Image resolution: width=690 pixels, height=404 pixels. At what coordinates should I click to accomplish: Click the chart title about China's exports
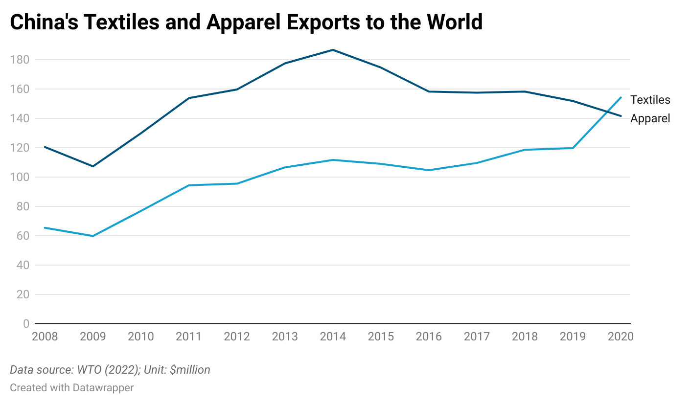(x=246, y=22)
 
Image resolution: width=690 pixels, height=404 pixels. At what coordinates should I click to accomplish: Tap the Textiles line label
(x=650, y=100)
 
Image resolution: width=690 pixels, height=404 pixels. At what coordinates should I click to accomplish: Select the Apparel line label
(x=650, y=118)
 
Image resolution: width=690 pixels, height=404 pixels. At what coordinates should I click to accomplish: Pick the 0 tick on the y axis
(x=26, y=324)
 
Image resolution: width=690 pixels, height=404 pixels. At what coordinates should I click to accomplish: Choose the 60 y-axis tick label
(x=23, y=236)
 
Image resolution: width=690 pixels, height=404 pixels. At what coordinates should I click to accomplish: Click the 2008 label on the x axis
(x=45, y=337)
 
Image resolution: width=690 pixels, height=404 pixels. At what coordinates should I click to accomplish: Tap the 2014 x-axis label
(x=333, y=337)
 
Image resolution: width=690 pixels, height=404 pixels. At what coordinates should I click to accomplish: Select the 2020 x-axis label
(x=621, y=337)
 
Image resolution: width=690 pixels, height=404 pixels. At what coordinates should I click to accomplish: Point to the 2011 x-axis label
(x=189, y=337)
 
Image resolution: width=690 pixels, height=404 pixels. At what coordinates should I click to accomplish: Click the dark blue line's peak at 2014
(x=333, y=50)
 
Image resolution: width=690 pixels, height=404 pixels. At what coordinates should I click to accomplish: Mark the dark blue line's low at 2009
(x=92, y=166)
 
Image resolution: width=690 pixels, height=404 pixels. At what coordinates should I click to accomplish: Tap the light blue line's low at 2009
(x=92, y=236)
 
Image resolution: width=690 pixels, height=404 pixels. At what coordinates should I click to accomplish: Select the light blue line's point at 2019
(x=573, y=148)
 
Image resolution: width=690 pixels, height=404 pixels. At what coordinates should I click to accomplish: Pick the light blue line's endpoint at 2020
(x=621, y=97)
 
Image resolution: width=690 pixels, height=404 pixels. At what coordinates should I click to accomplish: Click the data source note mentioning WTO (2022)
(x=110, y=370)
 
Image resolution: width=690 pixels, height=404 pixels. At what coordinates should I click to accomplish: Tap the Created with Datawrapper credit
(x=72, y=388)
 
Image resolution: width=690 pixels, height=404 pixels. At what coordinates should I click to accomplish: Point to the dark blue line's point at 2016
(x=429, y=91)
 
